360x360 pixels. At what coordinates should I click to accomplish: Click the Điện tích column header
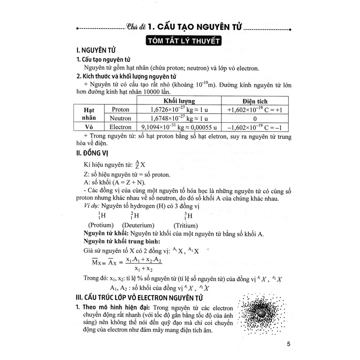(254, 101)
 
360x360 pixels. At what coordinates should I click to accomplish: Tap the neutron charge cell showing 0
(254, 118)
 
